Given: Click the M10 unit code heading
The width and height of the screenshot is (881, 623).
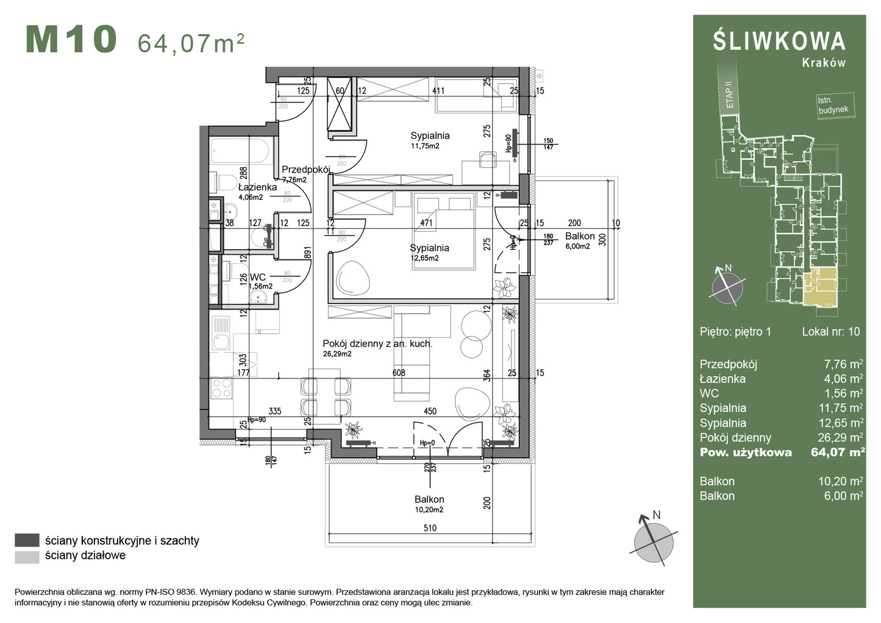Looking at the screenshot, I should [71, 40].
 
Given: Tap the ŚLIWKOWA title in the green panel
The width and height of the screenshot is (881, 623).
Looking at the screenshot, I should [779, 41].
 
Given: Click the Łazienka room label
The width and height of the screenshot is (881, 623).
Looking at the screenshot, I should [257, 187].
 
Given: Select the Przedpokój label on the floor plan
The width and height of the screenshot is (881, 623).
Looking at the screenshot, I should [305, 169].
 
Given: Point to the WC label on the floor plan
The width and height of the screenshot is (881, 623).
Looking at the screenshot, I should [257, 277].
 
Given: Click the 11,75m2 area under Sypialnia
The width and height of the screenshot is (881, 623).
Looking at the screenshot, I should [425, 146].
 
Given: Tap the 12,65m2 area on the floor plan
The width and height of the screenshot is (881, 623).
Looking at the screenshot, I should [424, 258].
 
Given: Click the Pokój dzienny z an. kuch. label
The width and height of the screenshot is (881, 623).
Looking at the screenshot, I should [377, 344].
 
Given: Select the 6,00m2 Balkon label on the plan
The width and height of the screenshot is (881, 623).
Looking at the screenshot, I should [577, 246].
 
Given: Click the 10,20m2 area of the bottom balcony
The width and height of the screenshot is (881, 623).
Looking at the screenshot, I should [429, 510].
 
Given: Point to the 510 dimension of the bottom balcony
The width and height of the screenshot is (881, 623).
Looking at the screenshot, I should [430, 528].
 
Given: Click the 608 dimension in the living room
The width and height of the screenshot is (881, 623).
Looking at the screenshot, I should [399, 372].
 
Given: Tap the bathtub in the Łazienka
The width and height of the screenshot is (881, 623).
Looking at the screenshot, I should [240, 151].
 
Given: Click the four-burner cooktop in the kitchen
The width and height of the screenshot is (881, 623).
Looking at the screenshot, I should [221, 388].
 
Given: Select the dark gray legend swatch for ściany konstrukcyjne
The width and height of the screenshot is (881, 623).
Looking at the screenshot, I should [27, 540].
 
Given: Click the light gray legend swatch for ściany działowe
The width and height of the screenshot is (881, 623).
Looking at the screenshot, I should [27, 556].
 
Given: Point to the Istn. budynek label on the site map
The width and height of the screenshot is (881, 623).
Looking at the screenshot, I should [833, 105].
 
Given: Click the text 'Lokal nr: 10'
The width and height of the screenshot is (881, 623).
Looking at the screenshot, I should [830, 332].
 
